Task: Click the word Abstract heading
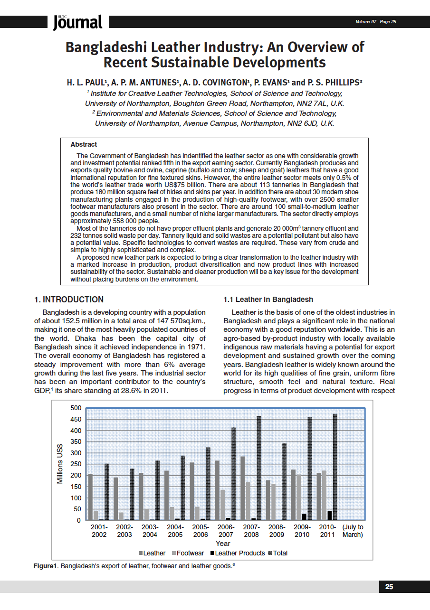coord(84,144)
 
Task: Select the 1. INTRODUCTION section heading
coord(69,300)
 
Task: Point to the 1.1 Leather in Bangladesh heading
coord(268,300)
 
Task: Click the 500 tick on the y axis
coord(76,408)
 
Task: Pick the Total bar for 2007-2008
coord(259,469)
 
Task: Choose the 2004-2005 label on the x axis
coord(175,531)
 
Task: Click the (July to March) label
coord(353,531)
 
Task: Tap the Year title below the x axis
coord(223,543)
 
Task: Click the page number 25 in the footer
coord(389,587)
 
